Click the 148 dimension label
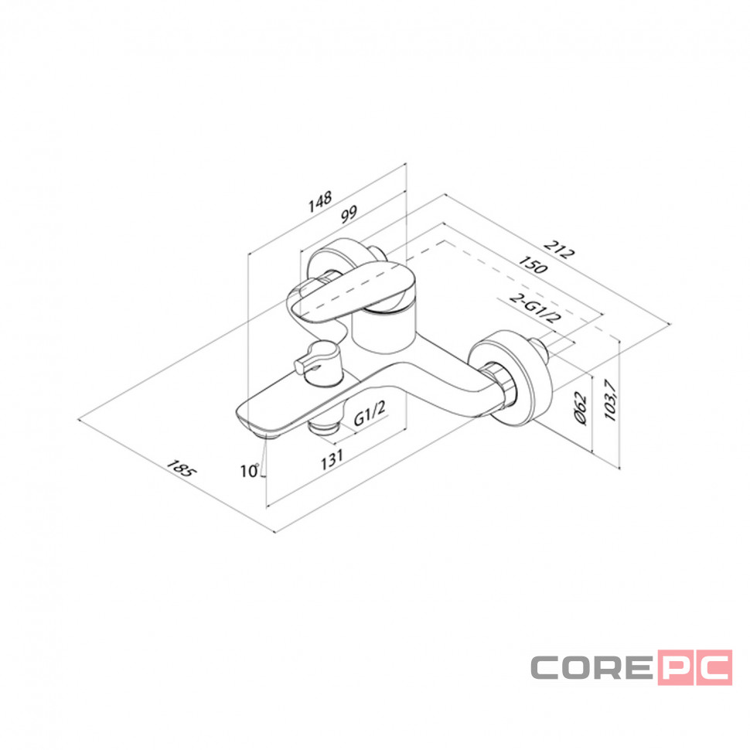point(320,202)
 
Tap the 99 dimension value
point(349,214)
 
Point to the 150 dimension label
point(534,264)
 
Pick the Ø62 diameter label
point(580,407)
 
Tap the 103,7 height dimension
point(610,400)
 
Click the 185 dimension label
point(181,469)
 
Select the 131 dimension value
point(332,459)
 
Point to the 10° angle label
point(250,471)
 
